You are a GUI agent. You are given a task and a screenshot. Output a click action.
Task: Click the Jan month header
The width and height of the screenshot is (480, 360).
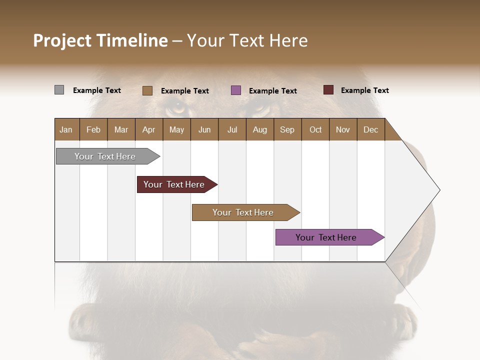pyautogui.click(x=66, y=129)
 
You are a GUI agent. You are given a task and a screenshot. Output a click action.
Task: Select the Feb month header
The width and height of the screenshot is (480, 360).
pyautogui.click(x=93, y=129)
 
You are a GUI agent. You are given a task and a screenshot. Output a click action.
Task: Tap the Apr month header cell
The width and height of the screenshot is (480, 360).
pyautogui.click(x=148, y=129)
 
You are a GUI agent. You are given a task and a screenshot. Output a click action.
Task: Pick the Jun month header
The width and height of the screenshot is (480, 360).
pyautogui.click(x=204, y=129)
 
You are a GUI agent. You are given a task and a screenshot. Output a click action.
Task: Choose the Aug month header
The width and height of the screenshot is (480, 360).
pyautogui.click(x=259, y=129)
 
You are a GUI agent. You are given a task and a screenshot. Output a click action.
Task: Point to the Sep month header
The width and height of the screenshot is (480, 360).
pyautogui.click(x=287, y=129)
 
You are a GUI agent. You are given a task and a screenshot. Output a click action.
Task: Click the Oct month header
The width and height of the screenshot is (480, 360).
pyautogui.click(x=315, y=129)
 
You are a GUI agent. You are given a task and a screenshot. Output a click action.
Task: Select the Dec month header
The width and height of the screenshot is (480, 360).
pyautogui.click(x=370, y=129)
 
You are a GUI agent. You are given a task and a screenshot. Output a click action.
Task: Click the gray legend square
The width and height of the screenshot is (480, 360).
pyautogui.click(x=59, y=90)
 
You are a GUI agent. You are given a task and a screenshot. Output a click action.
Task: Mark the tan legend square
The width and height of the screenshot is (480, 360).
pyautogui.click(x=147, y=90)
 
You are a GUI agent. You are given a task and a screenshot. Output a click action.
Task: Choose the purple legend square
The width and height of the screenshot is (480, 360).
pyautogui.click(x=236, y=90)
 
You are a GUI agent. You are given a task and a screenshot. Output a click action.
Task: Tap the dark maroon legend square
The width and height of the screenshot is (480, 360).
pyautogui.click(x=328, y=90)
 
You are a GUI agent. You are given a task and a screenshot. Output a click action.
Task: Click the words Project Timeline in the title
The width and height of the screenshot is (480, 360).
pyautogui.click(x=100, y=40)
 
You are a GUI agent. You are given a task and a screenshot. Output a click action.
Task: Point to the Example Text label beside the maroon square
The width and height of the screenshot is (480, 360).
pyautogui.click(x=364, y=90)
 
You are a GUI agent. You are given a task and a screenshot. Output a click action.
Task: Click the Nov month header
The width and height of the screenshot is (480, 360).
pyautogui.click(x=342, y=129)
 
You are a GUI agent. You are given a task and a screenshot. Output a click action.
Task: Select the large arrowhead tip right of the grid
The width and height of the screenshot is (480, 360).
pyautogui.click(x=430, y=190)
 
